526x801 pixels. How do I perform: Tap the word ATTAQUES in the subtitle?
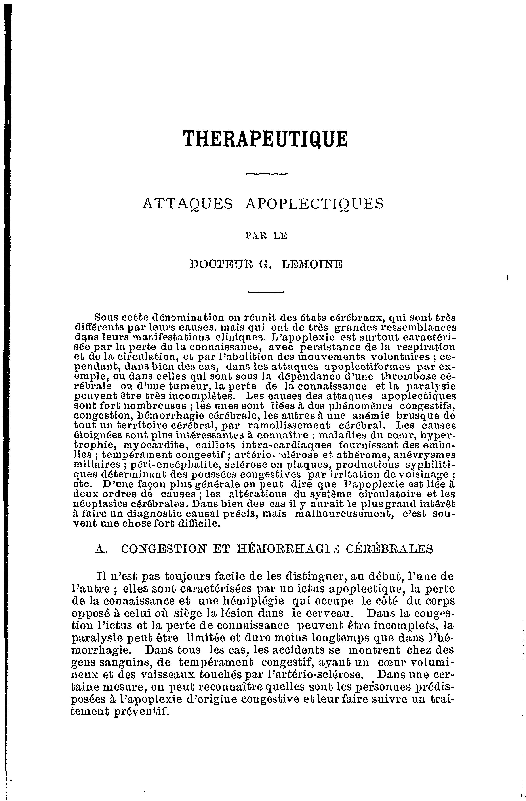[x=188, y=204]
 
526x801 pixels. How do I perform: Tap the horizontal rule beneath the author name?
[x=266, y=292]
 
